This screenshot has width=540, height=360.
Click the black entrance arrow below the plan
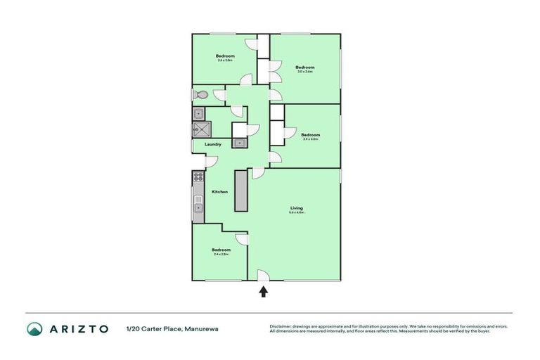click(264, 291)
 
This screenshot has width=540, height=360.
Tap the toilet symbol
click(201, 95)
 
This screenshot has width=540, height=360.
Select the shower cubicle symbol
click(201, 129)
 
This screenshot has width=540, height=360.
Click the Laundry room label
click(213, 145)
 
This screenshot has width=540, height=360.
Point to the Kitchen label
click(219, 192)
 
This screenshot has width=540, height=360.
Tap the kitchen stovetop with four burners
click(198, 176)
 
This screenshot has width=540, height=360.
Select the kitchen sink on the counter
click(198, 207)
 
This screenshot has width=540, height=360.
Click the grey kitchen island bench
click(242, 191)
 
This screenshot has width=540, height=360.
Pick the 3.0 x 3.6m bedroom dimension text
click(304, 72)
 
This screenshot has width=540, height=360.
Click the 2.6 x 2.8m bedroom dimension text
click(225, 60)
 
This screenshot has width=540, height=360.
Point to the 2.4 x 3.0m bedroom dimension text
click(310, 139)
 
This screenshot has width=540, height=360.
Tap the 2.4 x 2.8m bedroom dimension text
click(221, 255)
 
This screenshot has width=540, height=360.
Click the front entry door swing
click(262, 276)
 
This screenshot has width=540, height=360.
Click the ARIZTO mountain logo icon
click(34, 328)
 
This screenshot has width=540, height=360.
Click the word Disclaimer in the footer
click(281, 326)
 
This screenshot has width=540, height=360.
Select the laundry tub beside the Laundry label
click(240, 143)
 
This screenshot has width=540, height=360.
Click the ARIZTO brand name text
click(78, 328)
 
